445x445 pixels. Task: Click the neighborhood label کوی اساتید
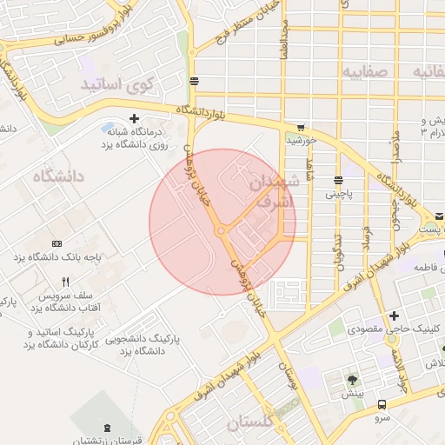[116, 84]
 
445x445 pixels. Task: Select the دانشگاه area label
[59, 176]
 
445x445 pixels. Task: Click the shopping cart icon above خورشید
[301, 127]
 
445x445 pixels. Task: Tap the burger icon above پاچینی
[337, 181]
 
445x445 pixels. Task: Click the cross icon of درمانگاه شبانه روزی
[134, 118]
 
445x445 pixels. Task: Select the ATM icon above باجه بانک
[57, 243]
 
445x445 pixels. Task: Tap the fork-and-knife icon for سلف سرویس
[65, 282]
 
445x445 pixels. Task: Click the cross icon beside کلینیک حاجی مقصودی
[395, 315]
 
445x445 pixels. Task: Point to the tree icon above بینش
[352, 380]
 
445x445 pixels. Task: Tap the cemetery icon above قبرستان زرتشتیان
[107, 427]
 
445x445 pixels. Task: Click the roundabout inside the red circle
[221, 230]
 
